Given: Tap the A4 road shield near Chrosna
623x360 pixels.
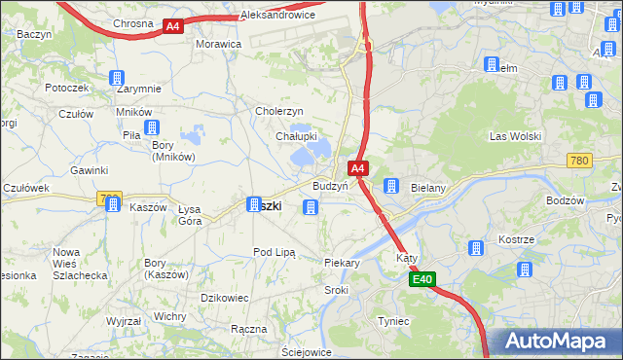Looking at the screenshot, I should [x=173, y=27].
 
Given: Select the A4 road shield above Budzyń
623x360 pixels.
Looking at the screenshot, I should [x=358, y=168].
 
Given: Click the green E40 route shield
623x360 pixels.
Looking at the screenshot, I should [x=421, y=280].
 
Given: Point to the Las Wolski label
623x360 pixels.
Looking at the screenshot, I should [x=511, y=135].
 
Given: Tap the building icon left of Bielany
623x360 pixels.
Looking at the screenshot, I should [x=390, y=186].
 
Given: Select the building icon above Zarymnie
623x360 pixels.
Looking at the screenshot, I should [x=116, y=78].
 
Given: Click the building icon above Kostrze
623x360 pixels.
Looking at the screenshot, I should [x=476, y=248].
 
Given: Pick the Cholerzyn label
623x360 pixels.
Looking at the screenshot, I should [x=280, y=111].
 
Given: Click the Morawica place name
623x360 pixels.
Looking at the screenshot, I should [x=218, y=45].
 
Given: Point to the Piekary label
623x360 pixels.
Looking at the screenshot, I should [x=342, y=263].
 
